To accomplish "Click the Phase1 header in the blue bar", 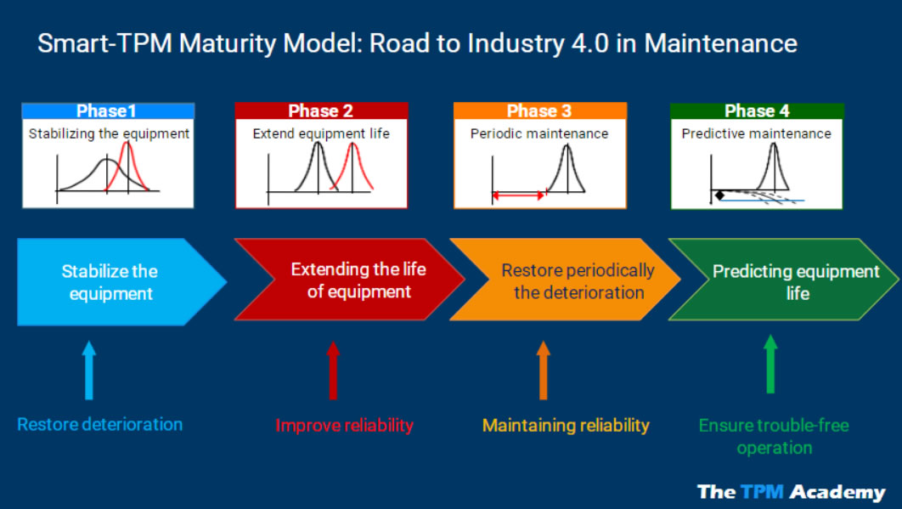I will tap(107, 110).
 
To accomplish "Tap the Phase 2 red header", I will tap(320, 110).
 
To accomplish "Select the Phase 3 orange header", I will tap(539, 110).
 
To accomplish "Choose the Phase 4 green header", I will tap(757, 110).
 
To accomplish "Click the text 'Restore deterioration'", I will tap(100, 424).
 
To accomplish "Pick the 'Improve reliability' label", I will tap(345, 425).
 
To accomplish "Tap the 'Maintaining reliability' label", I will tap(566, 425).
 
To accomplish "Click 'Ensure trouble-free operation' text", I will tap(774, 436).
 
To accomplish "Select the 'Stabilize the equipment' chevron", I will tap(110, 282).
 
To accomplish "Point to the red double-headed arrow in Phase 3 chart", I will tap(518, 195).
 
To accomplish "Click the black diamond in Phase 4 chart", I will tap(719, 195).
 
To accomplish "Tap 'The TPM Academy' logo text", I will tap(791, 491).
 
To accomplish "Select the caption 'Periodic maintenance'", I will tap(539, 133).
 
